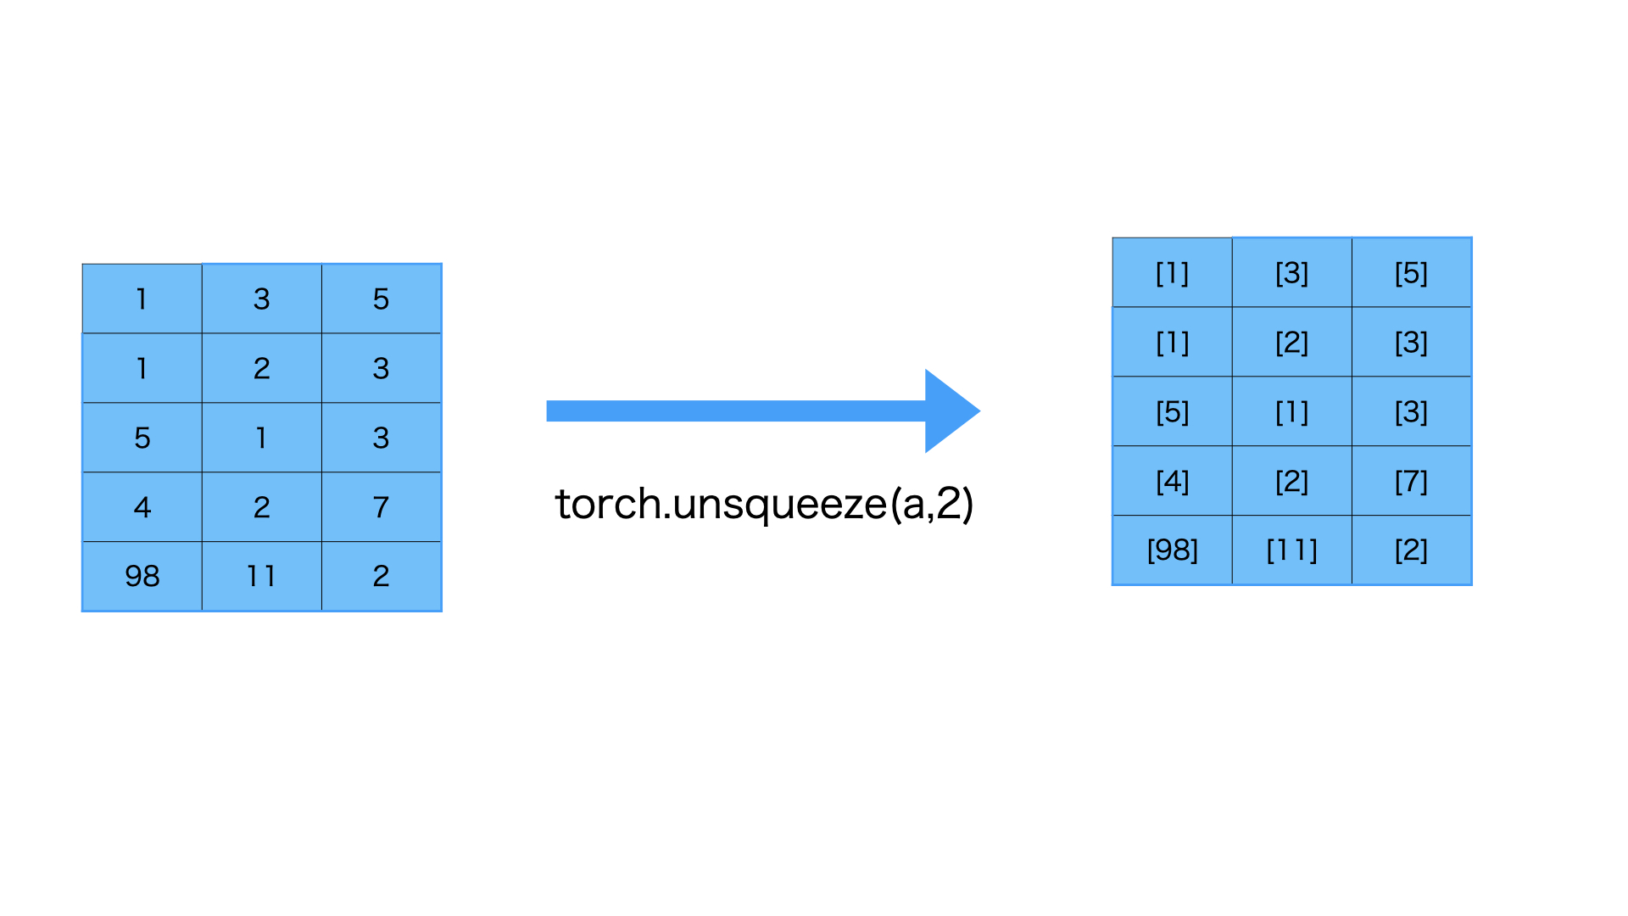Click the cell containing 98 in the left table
(142, 576)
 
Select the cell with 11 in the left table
(261, 576)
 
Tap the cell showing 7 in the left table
(381, 506)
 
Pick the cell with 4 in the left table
(142, 506)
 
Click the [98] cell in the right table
(1172, 550)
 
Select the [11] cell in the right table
(1291, 550)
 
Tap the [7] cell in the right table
(1411, 481)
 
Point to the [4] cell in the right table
(1172, 481)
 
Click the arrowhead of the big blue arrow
(950, 411)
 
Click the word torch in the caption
(607, 504)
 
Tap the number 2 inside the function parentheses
(950, 504)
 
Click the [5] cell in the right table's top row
(1411, 272)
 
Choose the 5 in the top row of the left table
(381, 299)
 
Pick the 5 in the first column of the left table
(142, 438)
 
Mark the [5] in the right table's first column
(1172, 411)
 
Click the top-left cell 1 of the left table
(142, 299)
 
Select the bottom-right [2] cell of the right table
(1411, 550)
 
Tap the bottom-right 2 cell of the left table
(381, 576)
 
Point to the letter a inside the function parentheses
(914, 505)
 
